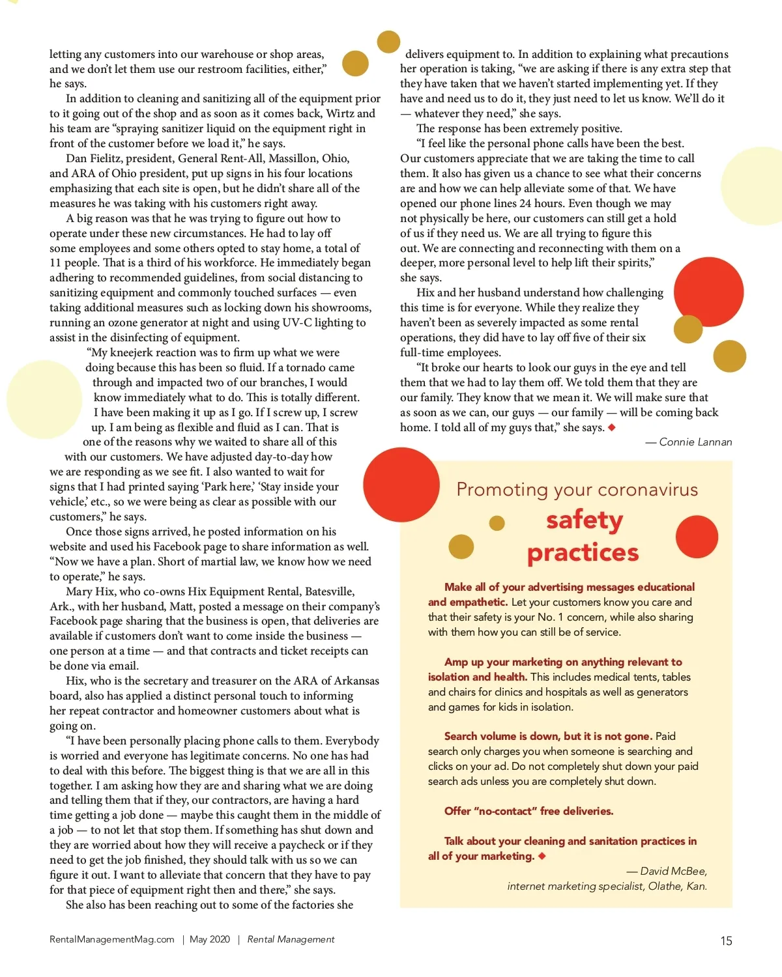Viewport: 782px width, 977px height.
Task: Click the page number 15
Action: pos(726,941)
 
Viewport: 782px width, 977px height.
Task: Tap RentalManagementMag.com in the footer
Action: pos(112,939)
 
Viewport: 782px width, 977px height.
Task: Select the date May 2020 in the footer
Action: pos(210,939)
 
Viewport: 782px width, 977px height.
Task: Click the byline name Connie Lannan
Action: pos(695,442)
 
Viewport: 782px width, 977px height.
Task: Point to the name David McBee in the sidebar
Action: pos(673,871)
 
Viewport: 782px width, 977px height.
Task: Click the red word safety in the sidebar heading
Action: pos(585,520)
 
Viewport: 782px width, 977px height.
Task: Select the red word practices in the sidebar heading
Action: pos(583,553)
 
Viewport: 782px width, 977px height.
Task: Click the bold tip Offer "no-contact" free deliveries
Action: pos(529,811)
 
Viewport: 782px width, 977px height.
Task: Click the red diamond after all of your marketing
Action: pos(542,856)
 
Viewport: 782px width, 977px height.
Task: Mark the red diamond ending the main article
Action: pos(611,427)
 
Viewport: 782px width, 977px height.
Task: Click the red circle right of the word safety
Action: pos(697,537)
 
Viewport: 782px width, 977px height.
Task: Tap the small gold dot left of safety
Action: pos(497,522)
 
